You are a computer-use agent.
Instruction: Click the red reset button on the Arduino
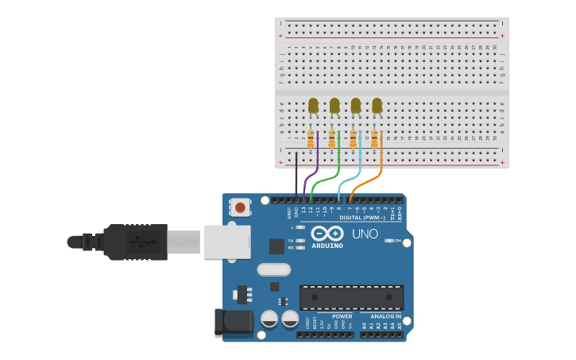click(x=240, y=208)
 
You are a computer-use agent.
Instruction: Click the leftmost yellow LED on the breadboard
click(x=313, y=106)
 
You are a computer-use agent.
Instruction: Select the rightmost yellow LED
click(x=377, y=106)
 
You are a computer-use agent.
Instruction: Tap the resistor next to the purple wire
click(x=311, y=140)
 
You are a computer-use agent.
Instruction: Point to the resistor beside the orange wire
click(x=374, y=140)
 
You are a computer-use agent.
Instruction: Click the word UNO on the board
click(x=365, y=234)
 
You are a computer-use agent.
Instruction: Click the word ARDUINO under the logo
click(x=327, y=246)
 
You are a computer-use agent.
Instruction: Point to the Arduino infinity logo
click(x=327, y=234)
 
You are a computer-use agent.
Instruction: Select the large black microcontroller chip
click(x=351, y=298)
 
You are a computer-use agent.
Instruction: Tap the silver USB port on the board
click(x=227, y=242)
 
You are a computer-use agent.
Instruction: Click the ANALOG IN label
click(x=386, y=316)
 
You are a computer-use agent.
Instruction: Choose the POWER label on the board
click(x=342, y=316)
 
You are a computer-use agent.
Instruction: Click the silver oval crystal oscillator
click(x=273, y=269)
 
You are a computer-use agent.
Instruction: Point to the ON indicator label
click(x=397, y=241)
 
